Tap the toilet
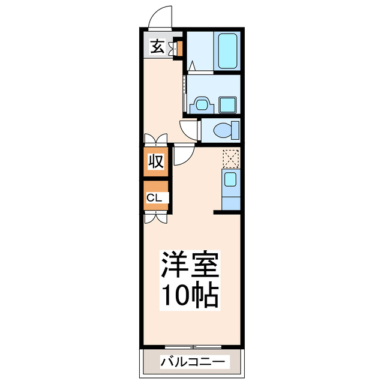point(226,130)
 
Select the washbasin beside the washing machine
point(200,105)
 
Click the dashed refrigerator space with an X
point(230,157)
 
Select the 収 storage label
point(155,162)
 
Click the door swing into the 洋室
point(183,156)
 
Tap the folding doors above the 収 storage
point(155,139)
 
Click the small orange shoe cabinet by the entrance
point(178,47)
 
